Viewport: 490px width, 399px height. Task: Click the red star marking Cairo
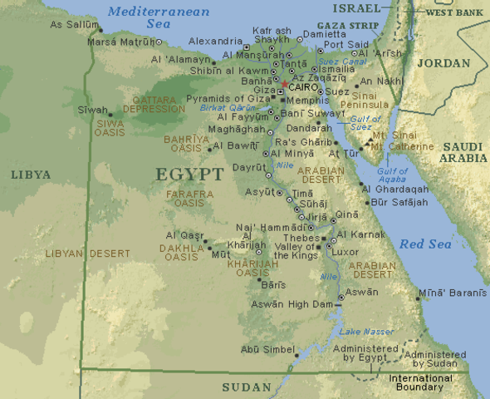284,85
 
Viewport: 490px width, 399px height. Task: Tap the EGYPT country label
189,175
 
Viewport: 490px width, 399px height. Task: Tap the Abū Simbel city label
267,349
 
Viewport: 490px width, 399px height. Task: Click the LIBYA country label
32,175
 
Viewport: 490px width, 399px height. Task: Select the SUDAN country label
247,387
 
